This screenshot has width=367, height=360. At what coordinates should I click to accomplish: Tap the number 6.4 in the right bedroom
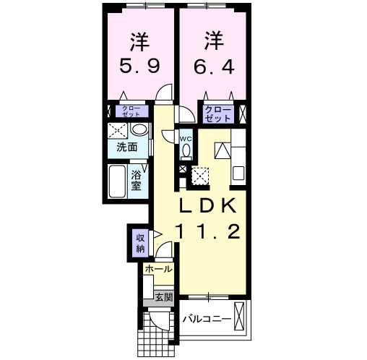(213, 66)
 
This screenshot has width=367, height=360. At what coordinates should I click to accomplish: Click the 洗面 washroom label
(127, 147)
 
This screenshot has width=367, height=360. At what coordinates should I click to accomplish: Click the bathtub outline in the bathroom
(117, 182)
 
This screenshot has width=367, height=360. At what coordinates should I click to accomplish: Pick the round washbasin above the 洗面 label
(139, 130)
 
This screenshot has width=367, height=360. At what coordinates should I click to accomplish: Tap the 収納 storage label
(139, 242)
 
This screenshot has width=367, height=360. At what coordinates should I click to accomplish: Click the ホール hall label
(157, 269)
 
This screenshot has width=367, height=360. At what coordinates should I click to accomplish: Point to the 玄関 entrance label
(163, 296)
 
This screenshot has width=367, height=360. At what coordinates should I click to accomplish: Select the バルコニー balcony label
(207, 317)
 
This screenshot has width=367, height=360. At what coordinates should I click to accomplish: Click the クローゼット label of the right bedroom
(217, 113)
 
